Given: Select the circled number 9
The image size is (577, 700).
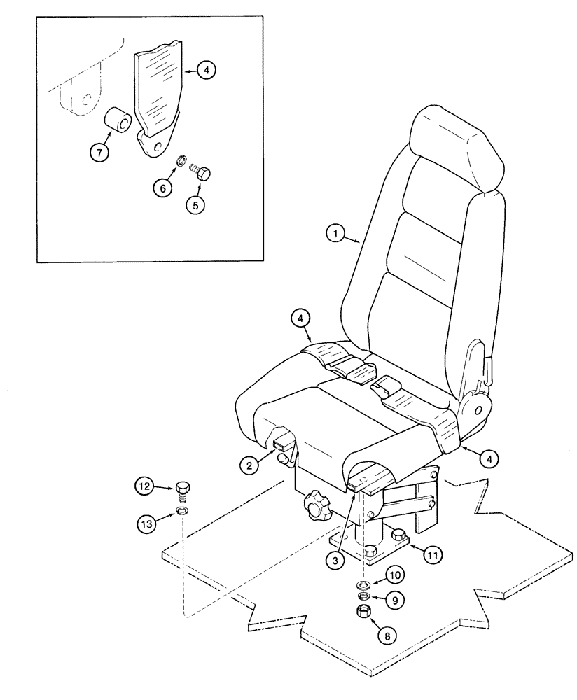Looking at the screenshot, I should [x=397, y=600].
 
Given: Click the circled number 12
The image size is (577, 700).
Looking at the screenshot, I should [x=144, y=485].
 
